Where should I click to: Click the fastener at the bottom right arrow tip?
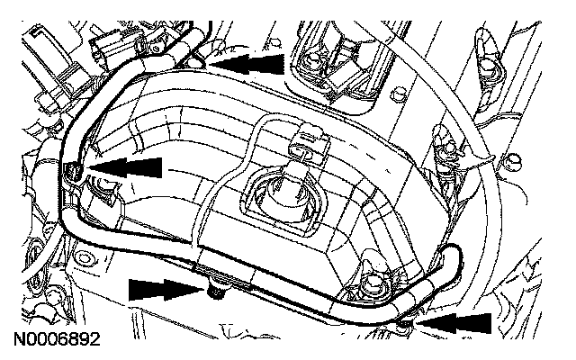coord(406,320)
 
